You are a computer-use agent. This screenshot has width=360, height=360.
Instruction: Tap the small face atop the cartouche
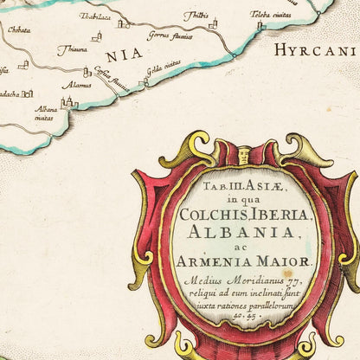click(x=243, y=157)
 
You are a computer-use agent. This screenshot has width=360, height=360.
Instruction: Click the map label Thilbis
click(x=196, y=15)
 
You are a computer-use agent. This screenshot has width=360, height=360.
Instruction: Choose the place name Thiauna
click(x=73, y=50)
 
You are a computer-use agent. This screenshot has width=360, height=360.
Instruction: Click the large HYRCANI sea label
click(x=315, y=50)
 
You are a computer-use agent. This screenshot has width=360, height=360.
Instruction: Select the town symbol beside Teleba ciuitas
click(x=260, y=27)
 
